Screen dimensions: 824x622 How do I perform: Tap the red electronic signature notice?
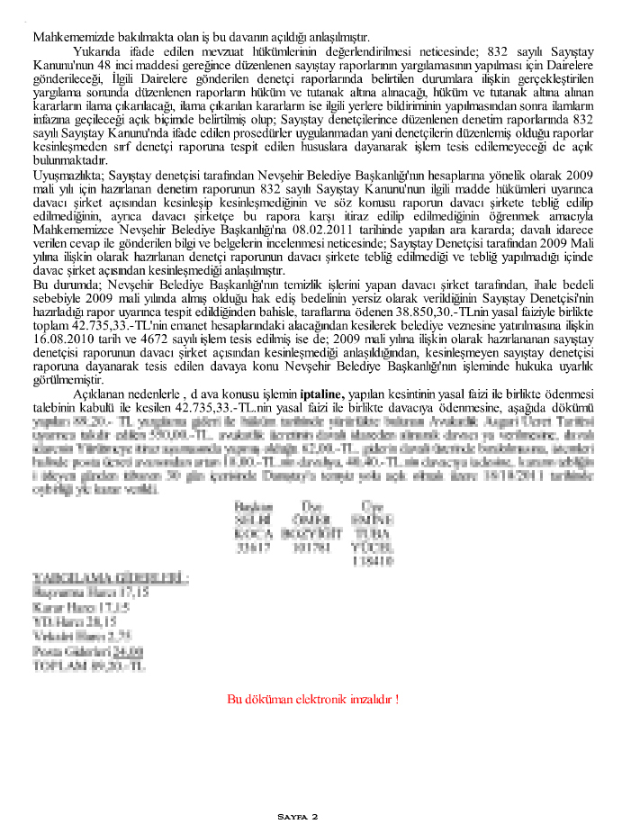coord(312,698)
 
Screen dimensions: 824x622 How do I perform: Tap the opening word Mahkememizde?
coord(75,38)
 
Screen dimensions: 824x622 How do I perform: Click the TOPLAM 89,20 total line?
coord(87,666)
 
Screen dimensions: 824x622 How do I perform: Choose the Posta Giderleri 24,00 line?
coord(87,651)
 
